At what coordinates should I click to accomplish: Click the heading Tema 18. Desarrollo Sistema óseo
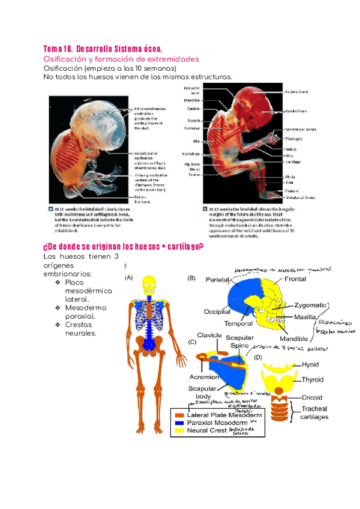pos(103,49)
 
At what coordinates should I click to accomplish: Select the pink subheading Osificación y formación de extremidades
pos(121,59)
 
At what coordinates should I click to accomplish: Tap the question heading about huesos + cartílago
pos(123,248)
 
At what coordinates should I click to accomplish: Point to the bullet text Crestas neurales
pos(80,329)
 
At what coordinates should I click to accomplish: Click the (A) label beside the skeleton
pos(129,278)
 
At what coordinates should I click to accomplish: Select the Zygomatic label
pos(310,305)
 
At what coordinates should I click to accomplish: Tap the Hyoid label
pos(311,364)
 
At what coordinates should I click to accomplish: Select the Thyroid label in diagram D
pos(312,379)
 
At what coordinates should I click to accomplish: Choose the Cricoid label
pos(312,397)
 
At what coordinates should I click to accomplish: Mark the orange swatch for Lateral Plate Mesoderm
pos(179,415)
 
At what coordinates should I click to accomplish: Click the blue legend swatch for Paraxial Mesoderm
pos(179,423)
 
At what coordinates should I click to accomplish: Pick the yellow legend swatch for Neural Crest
pos(179,431)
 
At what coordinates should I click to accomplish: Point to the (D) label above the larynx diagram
pos(258,358)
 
